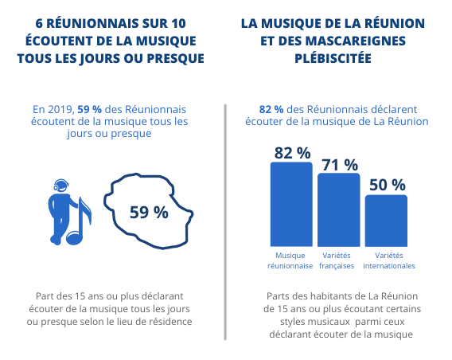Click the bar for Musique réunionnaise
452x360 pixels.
(x=291, y=204)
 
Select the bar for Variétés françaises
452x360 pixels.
(x=339, y=209)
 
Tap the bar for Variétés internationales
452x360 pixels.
(x=386, y=221)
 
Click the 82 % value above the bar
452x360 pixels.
(x=292, y=153)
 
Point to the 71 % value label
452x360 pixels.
(x=340, y=165)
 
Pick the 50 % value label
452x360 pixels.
(x=388, y=185)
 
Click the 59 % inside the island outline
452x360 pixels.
(x=149, y=213)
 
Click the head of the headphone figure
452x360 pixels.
(x=61, y=186)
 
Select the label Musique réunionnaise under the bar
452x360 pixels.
(x=290, y=260)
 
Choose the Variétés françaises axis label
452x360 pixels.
(x=337, y=260)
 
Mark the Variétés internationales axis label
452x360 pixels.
(x=389, y=260)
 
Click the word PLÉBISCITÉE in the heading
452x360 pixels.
(x=333, y=58)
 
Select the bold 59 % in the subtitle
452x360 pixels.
(x=89, y=110)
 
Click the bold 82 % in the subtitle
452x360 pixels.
(x=271, y=110)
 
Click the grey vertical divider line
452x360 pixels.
(x=225, y=222)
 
